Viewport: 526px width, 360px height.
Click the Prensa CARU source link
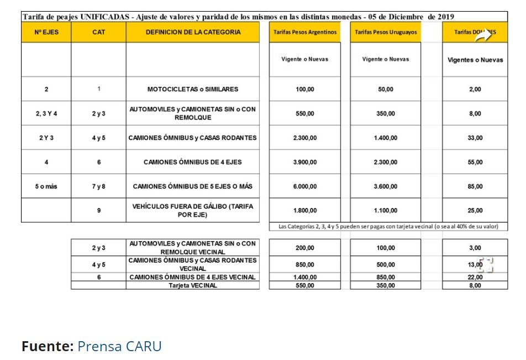tap(119, 347)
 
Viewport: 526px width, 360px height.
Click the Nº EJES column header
tap(46, 32)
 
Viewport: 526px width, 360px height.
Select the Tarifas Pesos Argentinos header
tap(305, 32)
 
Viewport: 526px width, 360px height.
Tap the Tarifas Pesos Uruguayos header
tap(386, 32)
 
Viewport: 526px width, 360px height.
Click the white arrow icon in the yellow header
tap(484, 35)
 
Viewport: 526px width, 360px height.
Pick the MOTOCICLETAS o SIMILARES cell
tap(193, 89)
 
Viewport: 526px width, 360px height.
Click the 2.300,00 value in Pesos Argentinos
tap(305, 138)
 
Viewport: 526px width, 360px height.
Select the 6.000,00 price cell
tap(305, 186)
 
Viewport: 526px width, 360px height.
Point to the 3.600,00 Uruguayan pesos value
tap(386, 186)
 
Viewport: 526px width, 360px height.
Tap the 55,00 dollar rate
tap(475, 162)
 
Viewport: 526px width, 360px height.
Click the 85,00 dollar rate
tap(475, 186)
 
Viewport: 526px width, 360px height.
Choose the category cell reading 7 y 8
tap(98, 186)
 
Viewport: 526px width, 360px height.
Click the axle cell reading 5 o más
tap(46, 186)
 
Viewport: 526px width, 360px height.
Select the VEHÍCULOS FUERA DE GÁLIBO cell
tap(193, 210)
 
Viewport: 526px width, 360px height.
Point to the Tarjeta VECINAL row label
tap(193, 286)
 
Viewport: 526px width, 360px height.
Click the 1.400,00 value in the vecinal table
tap(305, 277)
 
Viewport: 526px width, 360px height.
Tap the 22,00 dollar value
tap(475, 277)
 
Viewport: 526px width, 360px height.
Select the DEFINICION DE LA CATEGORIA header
tap(193, 32)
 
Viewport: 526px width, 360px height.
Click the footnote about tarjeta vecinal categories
tap(388, 226)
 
